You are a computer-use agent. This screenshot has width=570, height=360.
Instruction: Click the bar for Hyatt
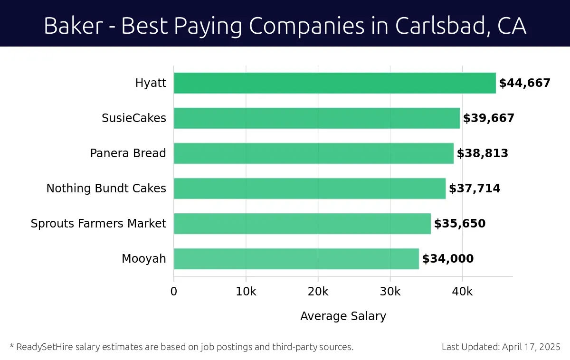click(334, 83)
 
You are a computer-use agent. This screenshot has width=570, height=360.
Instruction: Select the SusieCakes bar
click(316, 118)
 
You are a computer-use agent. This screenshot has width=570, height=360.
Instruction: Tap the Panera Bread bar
click(313, 153)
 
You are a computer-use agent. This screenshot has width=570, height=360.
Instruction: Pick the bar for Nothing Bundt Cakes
click(309, 189)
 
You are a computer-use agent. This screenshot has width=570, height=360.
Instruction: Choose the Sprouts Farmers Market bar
click(302, 224)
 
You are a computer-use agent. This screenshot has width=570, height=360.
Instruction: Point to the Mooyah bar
click(296, 259)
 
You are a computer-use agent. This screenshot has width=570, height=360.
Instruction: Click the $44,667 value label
click(524, 83)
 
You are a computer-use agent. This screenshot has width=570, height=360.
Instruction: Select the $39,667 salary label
click(488, 118)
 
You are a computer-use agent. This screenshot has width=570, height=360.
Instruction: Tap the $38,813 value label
click(482, 153)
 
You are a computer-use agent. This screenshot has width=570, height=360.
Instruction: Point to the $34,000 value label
click(447, 259)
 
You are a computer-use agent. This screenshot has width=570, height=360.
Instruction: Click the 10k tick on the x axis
click(246, 292)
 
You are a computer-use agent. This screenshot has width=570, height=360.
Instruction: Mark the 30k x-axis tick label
click(390, 292)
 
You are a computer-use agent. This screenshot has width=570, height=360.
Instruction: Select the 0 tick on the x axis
click(174, 292)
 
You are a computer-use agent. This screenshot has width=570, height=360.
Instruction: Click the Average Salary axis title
click(343, 316)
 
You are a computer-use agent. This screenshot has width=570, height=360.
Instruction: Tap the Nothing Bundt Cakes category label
click(106, 189)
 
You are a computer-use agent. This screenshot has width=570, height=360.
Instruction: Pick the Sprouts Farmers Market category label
click(98, 224)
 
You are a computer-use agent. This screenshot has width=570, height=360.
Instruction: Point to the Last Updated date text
click(501, 347)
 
